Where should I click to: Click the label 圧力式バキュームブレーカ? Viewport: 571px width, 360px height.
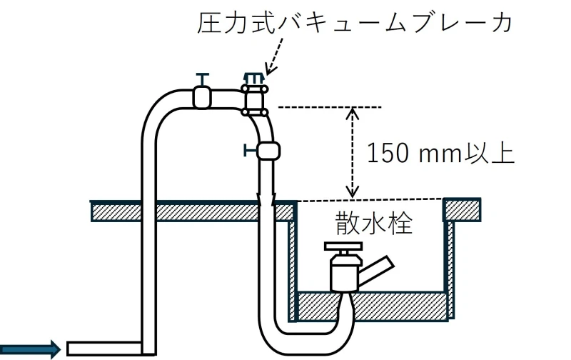(355, 23)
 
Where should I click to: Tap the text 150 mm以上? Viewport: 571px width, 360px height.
(440, 154)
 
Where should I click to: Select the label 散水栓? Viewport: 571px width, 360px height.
(374, 223)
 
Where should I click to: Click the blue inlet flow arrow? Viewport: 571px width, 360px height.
(30, 349)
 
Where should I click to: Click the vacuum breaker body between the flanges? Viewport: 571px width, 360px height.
(255, 100)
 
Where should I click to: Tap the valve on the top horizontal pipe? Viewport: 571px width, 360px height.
(202, 97)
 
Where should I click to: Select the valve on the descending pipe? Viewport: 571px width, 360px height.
(268, 151)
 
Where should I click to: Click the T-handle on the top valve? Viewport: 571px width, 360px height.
(203, 79)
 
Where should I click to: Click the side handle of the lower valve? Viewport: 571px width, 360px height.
(251, 150)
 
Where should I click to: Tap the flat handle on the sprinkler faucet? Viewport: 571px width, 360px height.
(343, 246)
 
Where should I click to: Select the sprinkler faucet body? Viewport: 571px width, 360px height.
(345, 272)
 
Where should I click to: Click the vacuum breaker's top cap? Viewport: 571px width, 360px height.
(254, 79)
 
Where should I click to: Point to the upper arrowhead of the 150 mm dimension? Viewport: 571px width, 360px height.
(352, 112)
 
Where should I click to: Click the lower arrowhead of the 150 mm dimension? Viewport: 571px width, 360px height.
(352, 192)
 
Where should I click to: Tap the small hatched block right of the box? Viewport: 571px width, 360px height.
(462, 209)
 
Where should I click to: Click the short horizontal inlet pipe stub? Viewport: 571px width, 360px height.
(104, 349)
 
